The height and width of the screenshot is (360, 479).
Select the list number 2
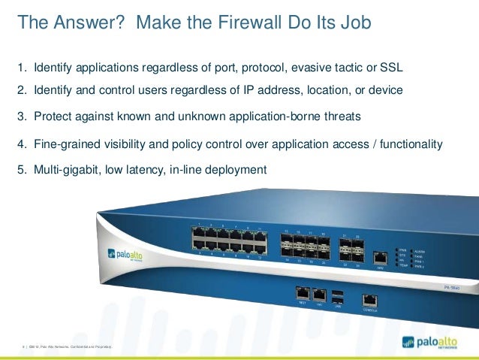pos(21,90)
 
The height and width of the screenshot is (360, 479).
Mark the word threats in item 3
pos(339,116)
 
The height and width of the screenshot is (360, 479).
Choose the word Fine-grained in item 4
pos(65,144)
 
